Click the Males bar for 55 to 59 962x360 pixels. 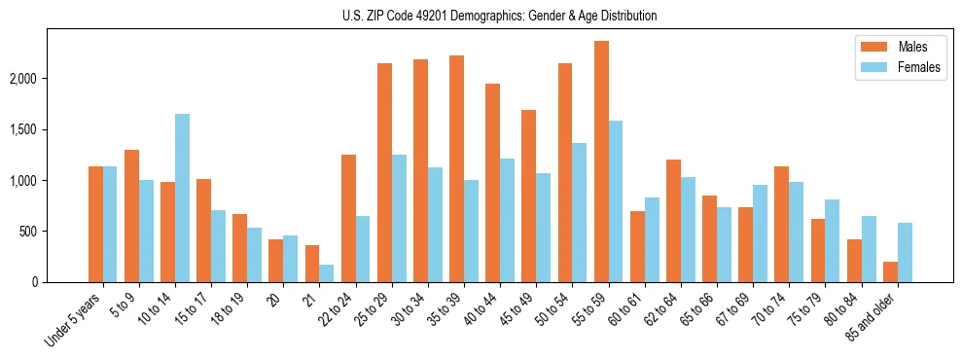[x=602, y=162]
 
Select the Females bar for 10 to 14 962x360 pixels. [x=182, y=198]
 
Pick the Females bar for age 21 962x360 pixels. [x=326, y=273]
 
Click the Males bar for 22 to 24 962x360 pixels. [x=349, y=218]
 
